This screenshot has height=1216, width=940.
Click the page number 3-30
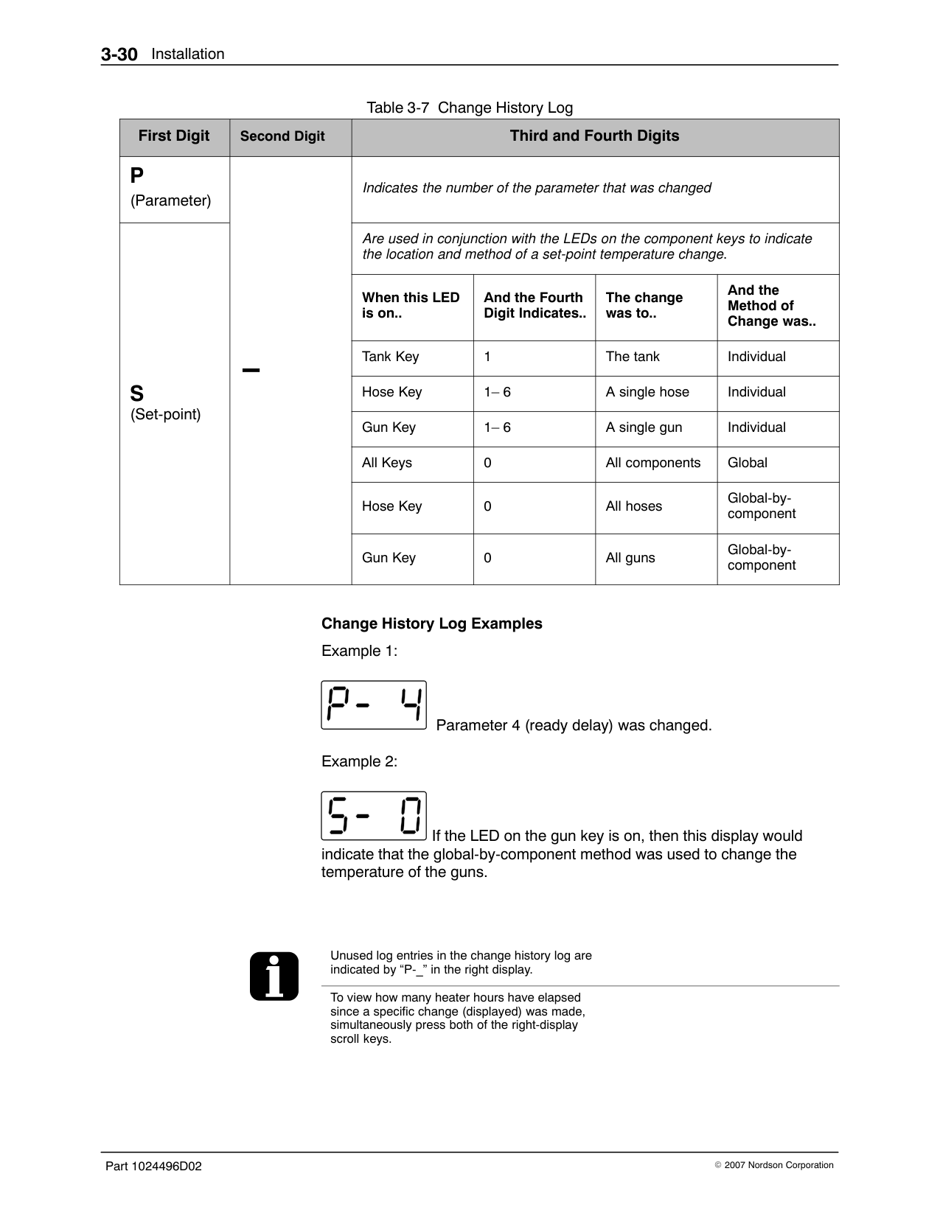pos(119,55)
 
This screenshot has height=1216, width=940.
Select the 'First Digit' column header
pos(174,136)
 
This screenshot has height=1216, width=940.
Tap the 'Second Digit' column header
pos(282,136)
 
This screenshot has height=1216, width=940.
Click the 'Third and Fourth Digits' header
pos(594,136)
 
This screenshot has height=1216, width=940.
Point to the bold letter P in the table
pos(137,176)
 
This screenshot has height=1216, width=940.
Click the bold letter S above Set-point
pos(137,394)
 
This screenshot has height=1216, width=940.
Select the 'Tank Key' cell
pos(390,357)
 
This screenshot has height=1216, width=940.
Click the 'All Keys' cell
pos(387,463)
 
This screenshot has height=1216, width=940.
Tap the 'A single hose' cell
pos(647,392)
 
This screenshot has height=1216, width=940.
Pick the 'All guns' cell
pos(630,558)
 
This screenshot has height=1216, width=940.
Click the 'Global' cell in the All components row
pos(748,463)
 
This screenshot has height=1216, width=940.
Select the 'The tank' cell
pos(633,357)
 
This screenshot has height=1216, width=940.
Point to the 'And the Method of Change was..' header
pos(771,306)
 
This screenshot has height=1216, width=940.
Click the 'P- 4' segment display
pos(374,705)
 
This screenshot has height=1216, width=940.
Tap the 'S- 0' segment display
pos(374,816)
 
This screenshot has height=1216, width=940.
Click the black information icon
pos(274,976)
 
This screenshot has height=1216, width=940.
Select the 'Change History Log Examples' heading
pos(431,624)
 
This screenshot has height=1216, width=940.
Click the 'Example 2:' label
pos(359,762)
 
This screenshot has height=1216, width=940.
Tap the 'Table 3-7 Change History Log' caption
pos(470,108)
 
